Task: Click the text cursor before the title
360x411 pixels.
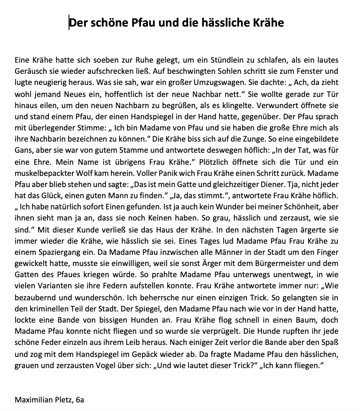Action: (x=69, y=22)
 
